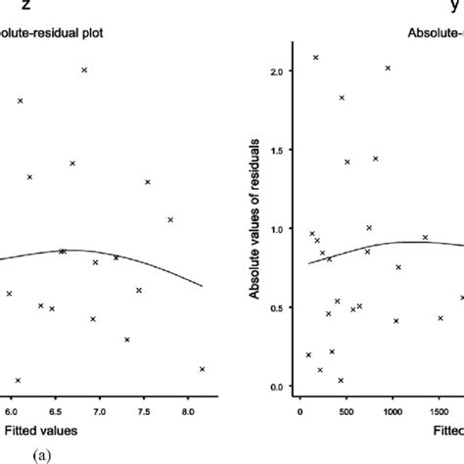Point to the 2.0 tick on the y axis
[277, 72]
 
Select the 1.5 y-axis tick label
[277, 151]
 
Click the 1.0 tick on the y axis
[277, 229]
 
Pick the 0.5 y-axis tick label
[277, 307]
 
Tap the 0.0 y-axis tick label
[277, 386]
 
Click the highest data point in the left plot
[84, 70]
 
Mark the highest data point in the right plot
[315, 58]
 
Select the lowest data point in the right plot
[341, 380]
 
